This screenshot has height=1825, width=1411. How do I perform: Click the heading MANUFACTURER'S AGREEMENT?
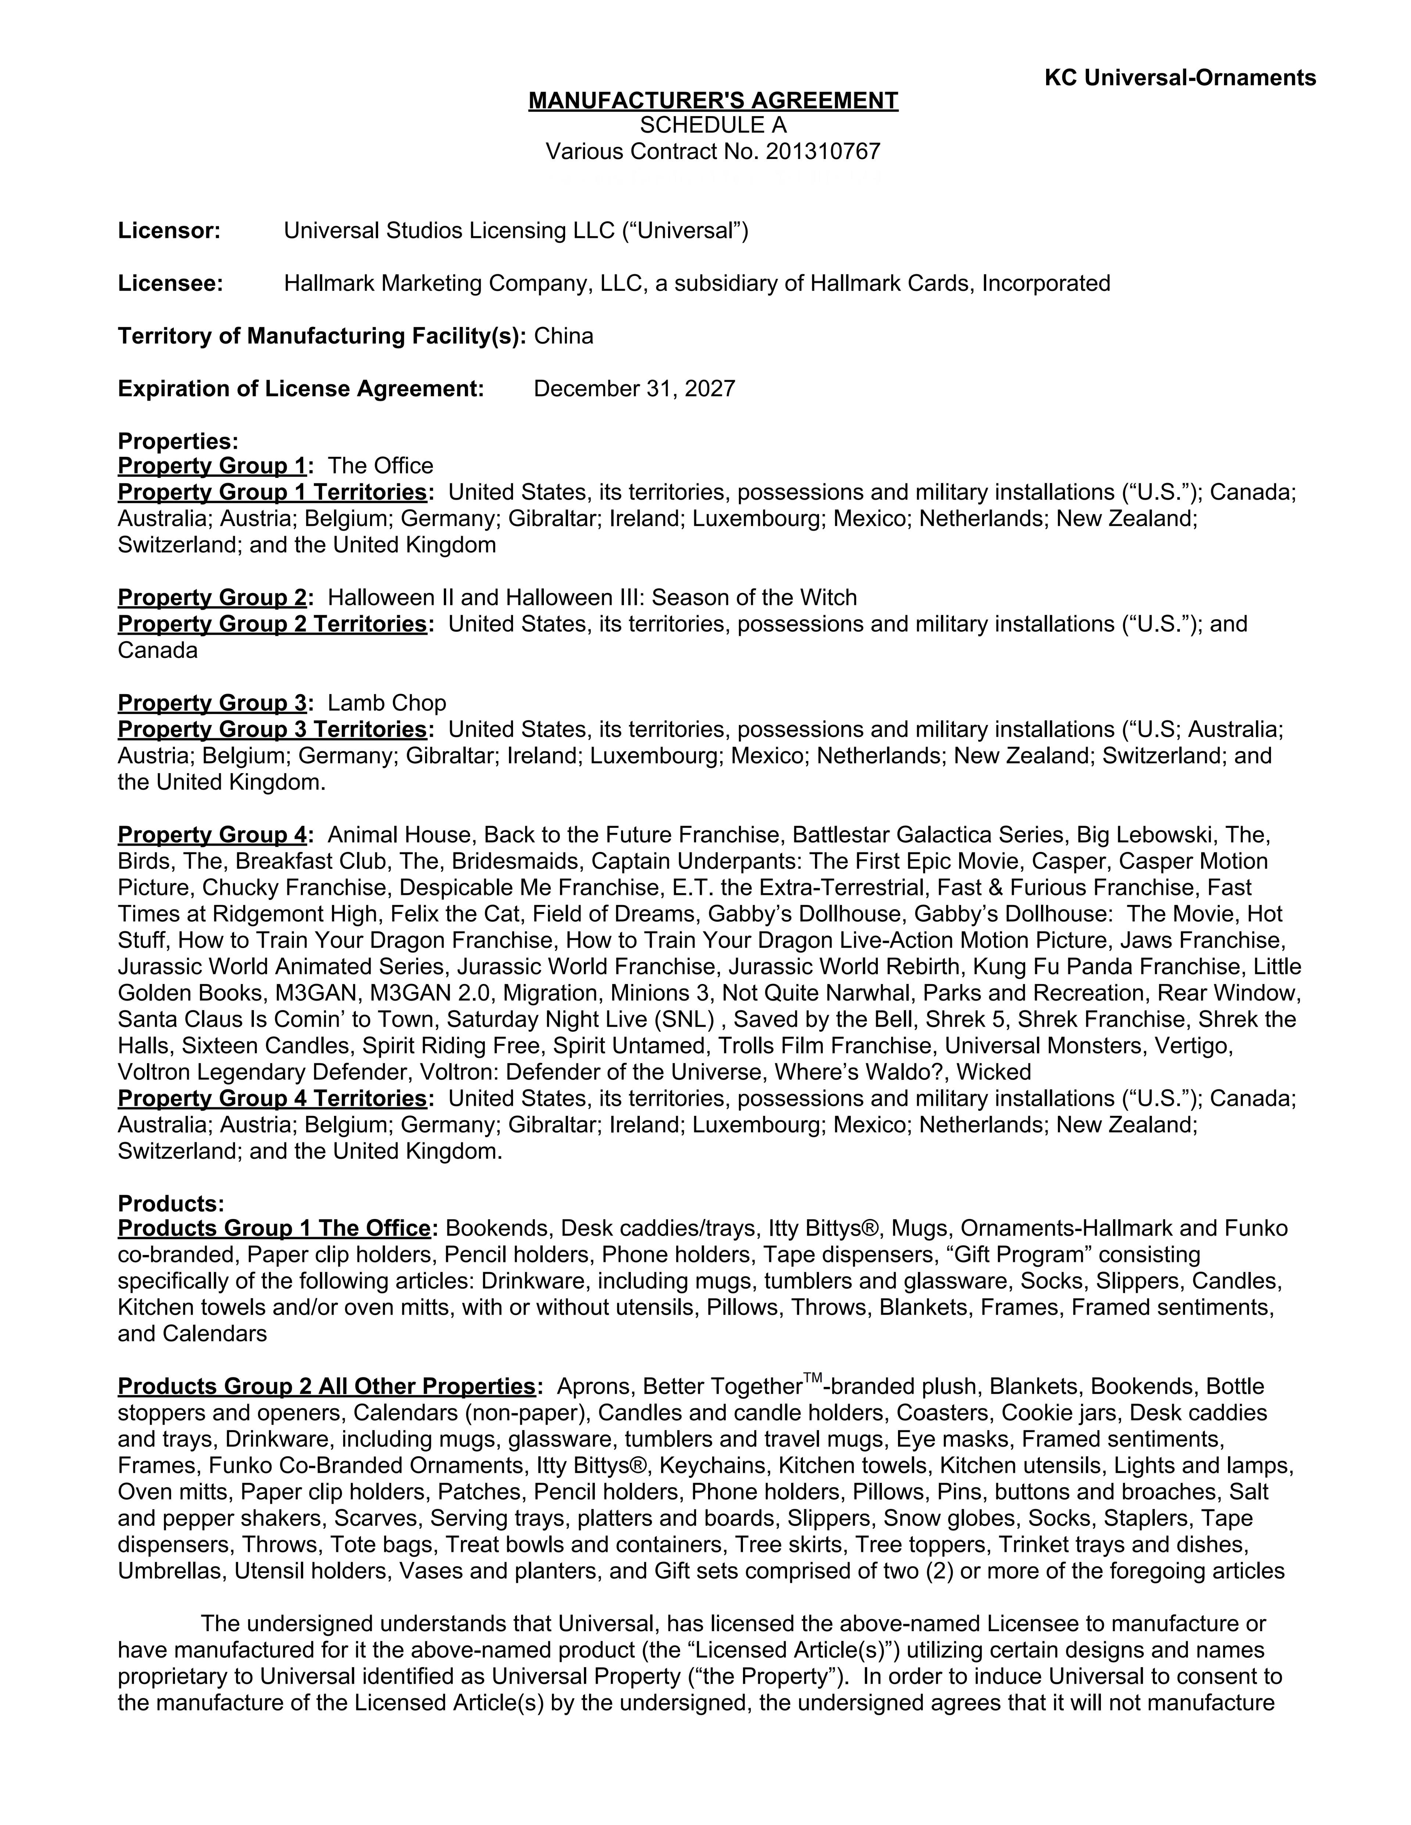(x=713, y=101)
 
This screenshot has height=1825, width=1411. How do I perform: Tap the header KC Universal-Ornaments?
(x=1180, y=78)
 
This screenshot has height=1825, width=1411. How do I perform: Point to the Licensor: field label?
(x=169, y=231)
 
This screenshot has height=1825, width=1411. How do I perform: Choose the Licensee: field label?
(x=170, y=283)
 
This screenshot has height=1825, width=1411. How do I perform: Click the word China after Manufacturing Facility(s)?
(x=563, y=336)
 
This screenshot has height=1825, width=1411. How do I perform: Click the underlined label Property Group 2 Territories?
(x=273, y=624)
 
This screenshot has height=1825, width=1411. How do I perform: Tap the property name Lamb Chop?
(x=387, y=703)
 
